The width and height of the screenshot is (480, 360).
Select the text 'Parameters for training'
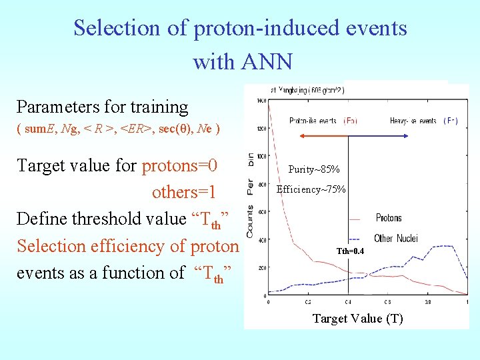(x=102, y=107)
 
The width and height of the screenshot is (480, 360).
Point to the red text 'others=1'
(x=184, y=192)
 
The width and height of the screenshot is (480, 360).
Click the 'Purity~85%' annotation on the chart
(x=313, y=169)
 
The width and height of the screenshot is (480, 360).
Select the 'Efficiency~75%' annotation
(x=311, y=189)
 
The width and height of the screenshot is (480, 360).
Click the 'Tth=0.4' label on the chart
(x=351, y=251)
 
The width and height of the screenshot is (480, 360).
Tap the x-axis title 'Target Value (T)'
(x=358, y=318)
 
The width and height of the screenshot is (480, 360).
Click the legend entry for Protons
(x=389, y=218)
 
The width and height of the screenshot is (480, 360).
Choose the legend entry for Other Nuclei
(x=396, y=238)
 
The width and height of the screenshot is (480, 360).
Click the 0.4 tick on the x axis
(x=348, y=301)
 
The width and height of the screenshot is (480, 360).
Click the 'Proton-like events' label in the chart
(x=314, y=121)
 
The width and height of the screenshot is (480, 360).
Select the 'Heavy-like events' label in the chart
(x=413, y=121)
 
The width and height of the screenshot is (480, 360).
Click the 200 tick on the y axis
(x=261, y=268)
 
